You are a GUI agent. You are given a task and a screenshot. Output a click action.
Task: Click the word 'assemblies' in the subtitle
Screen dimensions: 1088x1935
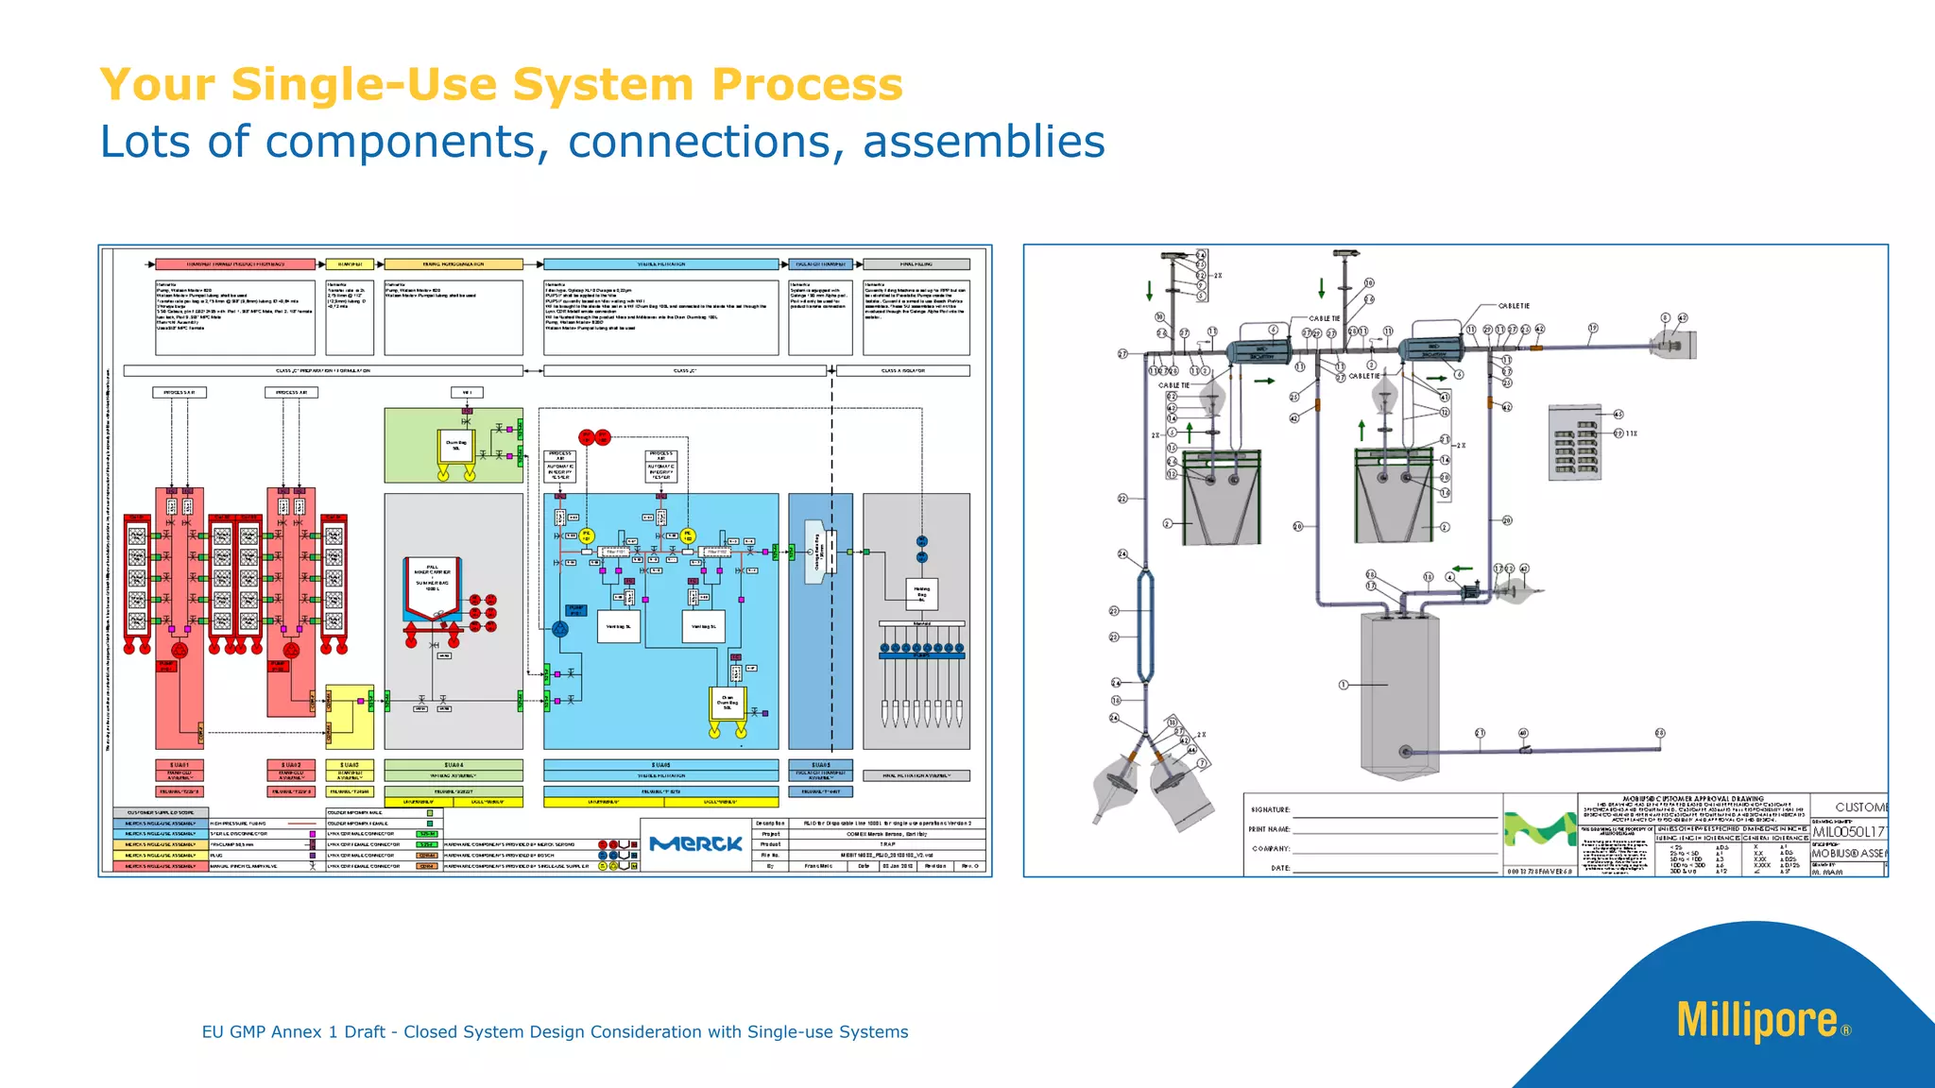click(983, 142)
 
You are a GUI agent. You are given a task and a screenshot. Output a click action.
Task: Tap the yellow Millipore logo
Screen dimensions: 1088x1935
click(1756, 1020)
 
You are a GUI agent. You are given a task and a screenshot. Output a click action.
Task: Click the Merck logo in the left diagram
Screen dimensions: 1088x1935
click(695, 843)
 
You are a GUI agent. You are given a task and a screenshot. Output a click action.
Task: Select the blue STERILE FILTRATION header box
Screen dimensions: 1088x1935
click(660, 264)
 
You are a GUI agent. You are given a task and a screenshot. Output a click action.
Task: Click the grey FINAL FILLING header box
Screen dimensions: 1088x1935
click(916, 264)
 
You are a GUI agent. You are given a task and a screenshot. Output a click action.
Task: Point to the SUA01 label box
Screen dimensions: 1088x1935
click(179, 765)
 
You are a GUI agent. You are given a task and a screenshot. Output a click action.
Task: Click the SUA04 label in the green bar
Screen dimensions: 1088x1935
click(453, 765)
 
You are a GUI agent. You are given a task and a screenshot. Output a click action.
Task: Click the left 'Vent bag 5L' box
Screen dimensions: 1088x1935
click(619, 626)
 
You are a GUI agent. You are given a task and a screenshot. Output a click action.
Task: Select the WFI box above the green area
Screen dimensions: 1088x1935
click(467, 392)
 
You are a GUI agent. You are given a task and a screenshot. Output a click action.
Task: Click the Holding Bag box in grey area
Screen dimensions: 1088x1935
click(921, 594)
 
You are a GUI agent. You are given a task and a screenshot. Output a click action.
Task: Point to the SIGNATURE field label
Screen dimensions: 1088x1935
click(1270, 809)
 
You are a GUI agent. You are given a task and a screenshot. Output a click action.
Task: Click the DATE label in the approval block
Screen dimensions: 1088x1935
click(1280, 867)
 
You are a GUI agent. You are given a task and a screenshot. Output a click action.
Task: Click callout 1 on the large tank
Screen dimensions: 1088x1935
click(1343, 685)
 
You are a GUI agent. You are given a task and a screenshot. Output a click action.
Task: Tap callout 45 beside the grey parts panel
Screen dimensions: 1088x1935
click(1618, 415)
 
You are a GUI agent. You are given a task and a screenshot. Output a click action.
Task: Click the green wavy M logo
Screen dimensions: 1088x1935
click(1539, 829)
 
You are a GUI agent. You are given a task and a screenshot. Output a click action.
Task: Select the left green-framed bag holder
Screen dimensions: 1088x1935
click(1222, 496)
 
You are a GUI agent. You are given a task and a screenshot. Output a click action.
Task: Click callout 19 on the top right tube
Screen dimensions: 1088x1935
click(1593, 329)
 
